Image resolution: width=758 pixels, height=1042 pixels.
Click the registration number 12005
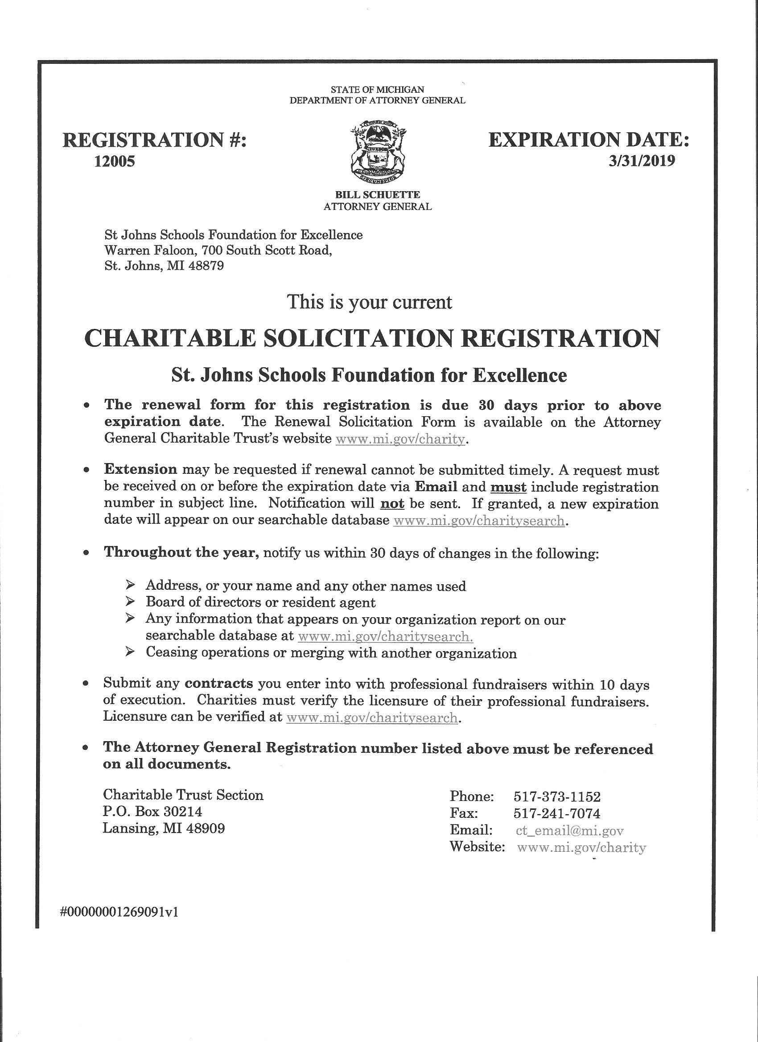click(x=115, y=161)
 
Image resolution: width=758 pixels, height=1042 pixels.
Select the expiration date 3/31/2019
click(x=642, y=161)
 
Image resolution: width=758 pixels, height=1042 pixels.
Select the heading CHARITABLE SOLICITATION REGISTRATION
click(x=372, y=338)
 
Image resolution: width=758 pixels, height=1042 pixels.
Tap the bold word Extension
click(x=140, y=469)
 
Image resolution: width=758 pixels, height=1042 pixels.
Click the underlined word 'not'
click(x=392, y=504)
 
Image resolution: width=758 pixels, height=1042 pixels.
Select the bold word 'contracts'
click(x=219, y=683)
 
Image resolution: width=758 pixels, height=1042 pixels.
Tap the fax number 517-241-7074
click(x=556, y=813)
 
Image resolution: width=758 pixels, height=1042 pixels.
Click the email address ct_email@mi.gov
click(x=569, y=830)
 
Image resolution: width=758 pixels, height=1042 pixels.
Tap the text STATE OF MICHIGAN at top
click(x=377, y=90)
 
